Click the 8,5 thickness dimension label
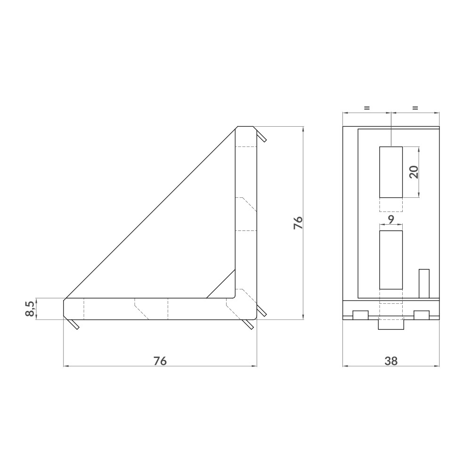click(x=29, y=309)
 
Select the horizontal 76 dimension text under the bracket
click(x=160, y=361)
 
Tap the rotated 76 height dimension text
click(x=298, y=222)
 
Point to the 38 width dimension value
click(x=391, y=361)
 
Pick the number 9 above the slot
click(x=391, y=219)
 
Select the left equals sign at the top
click(x=367, y=108)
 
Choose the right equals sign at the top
click(x=415, y=108)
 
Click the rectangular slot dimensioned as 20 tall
click(x=391, y=172)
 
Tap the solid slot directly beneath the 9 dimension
click(x=391, y=260)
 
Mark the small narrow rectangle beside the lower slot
click(x=424, y=284)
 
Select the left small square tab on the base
click(x=361, y=315)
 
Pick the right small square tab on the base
click(x=422, y=315)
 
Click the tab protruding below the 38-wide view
click(x=391, y=325)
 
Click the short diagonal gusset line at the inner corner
click(x=220, y=284)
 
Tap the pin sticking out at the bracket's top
click(x=262, y=137)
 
